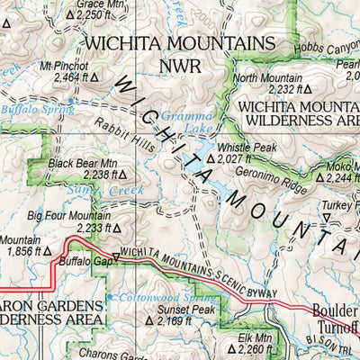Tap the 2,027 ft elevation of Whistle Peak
click(x=234, y=158)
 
